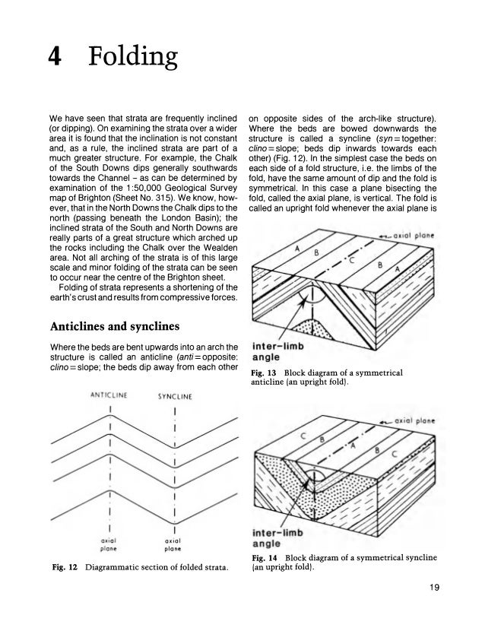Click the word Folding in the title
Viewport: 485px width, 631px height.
point(133,57)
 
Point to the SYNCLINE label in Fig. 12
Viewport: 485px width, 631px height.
point(176,395)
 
